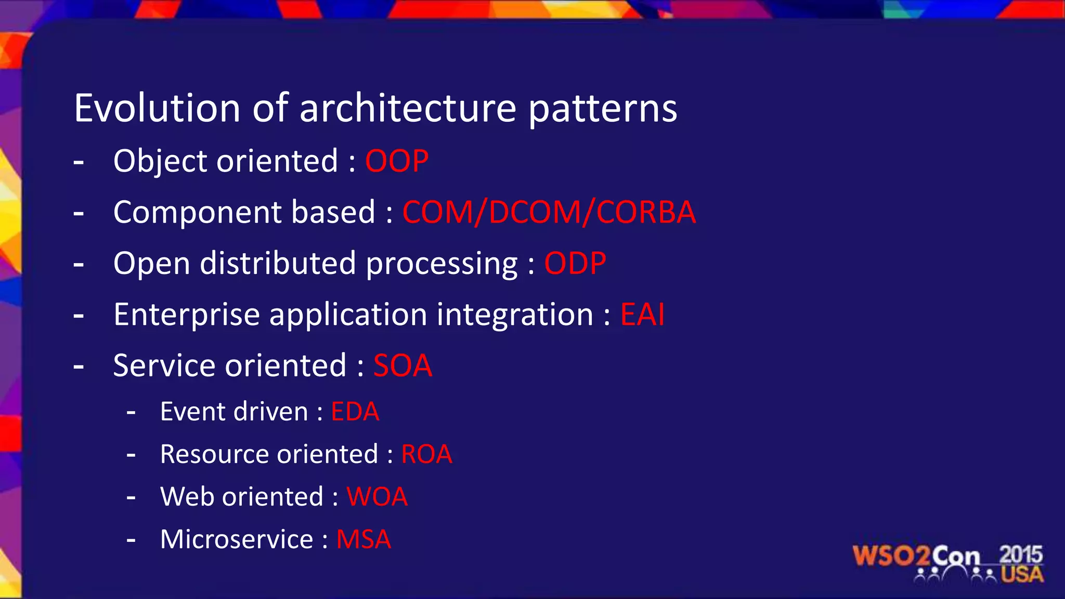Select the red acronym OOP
click(397, 161)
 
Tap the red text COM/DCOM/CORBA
click(549, 212)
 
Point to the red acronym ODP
click(575, 263)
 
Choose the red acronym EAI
click(642, 315)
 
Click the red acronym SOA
click(402, 366)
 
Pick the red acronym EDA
click(355, 412)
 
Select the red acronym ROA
click(426, 454)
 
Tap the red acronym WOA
click(377, 497)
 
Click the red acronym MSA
click(363, 539)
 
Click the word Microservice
click(237, 539)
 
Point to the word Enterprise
click(187, 315)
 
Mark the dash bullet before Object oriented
click(79, 162)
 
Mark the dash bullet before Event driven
click(131, 413)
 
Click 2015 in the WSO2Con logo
click(1021, 555)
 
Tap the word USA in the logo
click(1022, 575)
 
